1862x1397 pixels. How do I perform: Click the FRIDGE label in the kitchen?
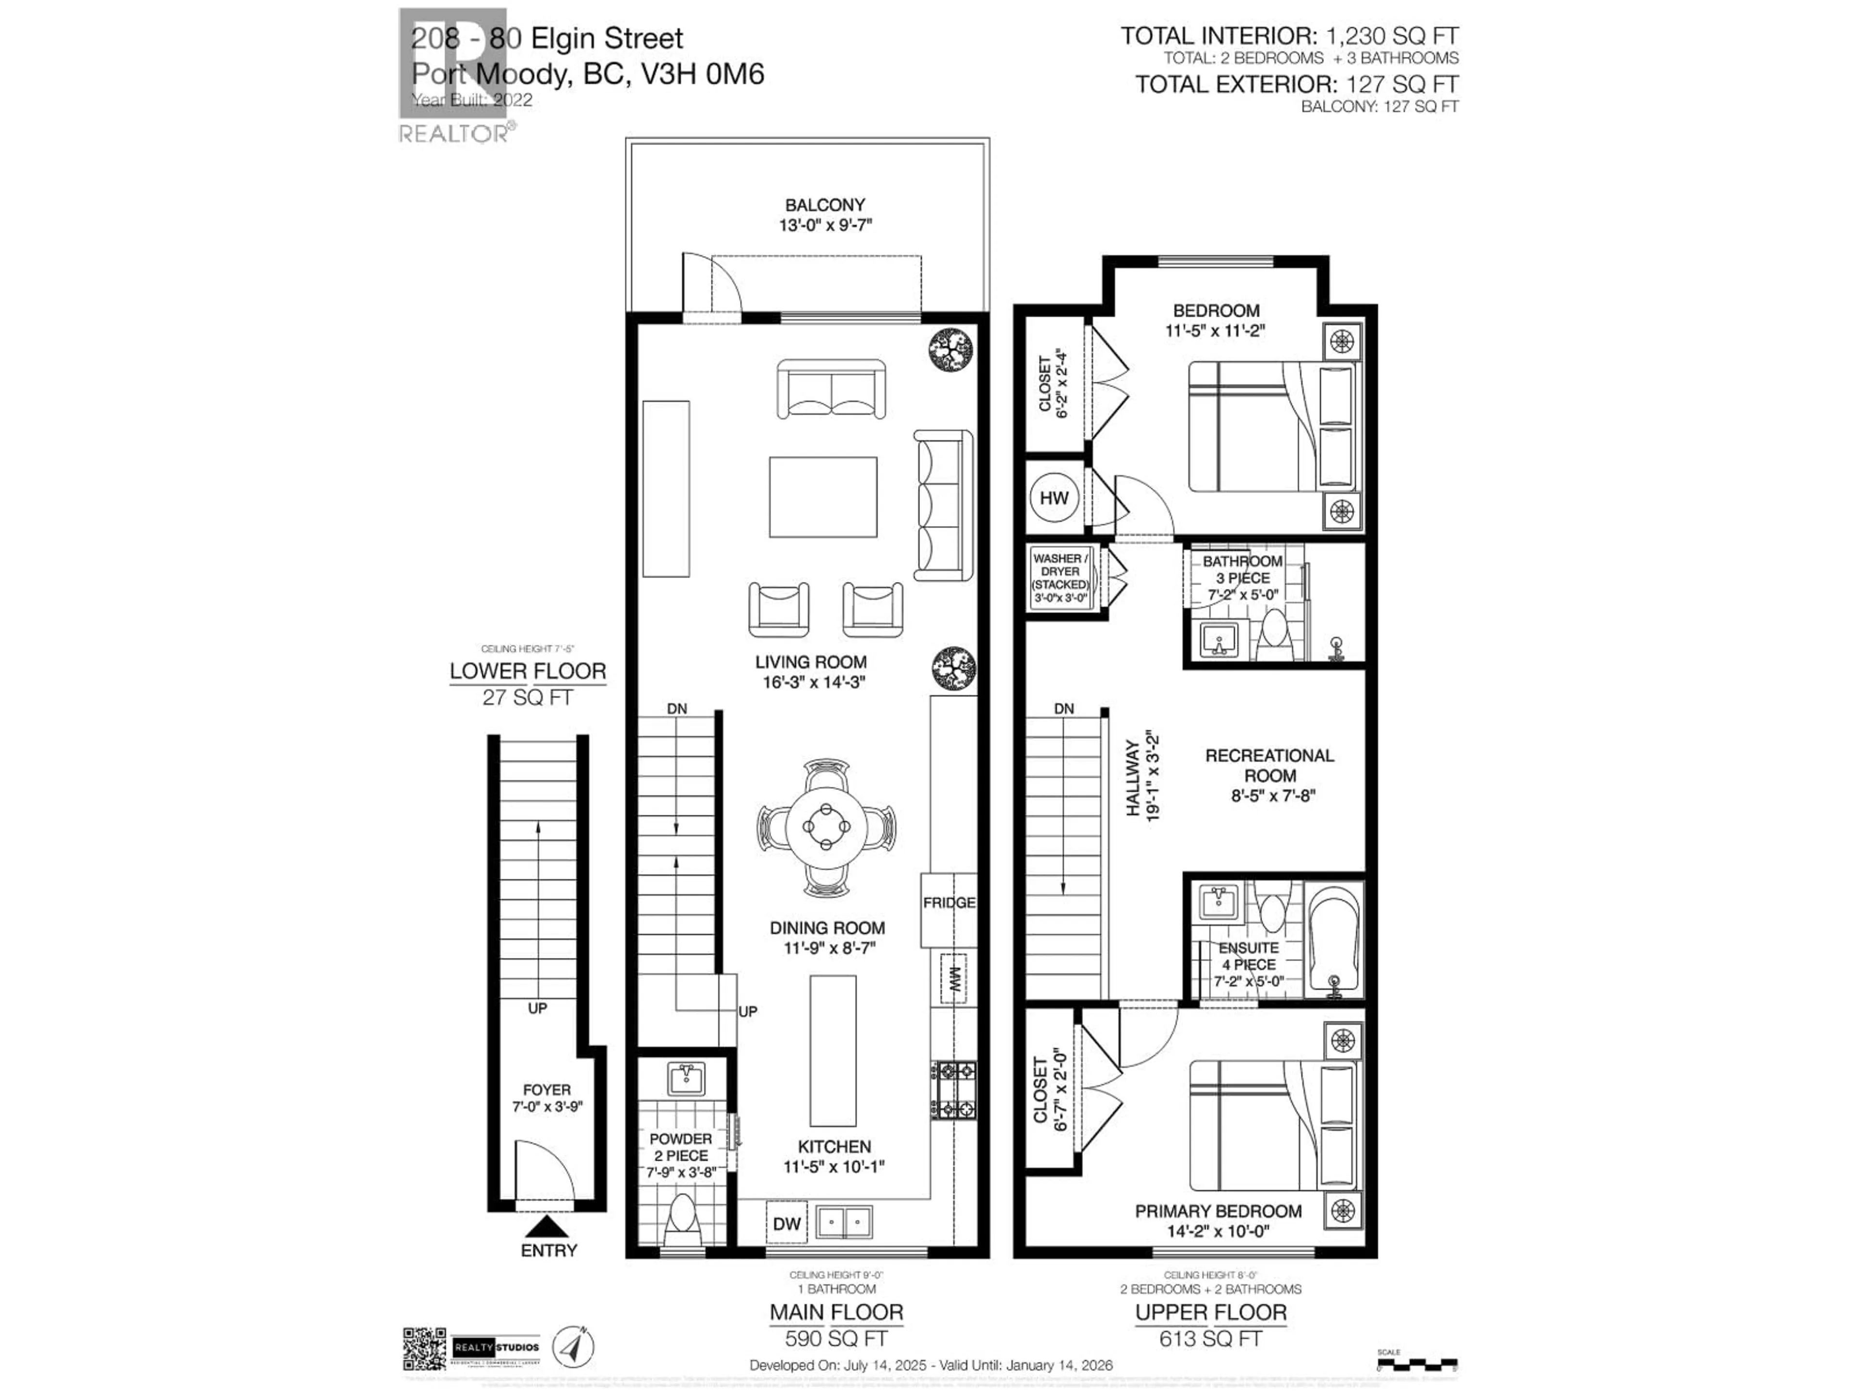(948, 903)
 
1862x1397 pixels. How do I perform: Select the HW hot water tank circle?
(1053, 498)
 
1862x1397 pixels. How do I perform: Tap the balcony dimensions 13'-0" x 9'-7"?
(824, 226)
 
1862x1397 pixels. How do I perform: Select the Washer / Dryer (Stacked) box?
(1060, 579)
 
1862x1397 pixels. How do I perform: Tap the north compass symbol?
(572, 1347)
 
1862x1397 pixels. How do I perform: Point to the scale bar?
(1417, 1364)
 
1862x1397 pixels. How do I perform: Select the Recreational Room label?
(1269, 765)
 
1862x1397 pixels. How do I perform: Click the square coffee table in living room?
(822, 497)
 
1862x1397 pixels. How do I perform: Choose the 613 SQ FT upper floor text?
(1210, 1338)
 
